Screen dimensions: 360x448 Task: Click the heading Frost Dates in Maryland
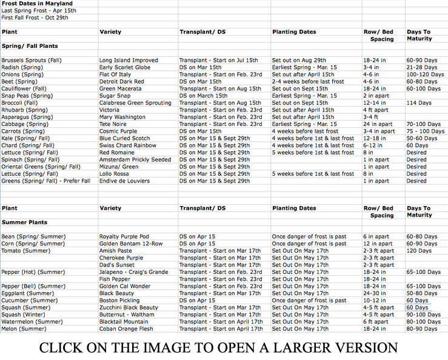point(37,4)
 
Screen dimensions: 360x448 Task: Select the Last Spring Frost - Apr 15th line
point(39,11)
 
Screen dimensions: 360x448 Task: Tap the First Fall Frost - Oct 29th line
point(35,18)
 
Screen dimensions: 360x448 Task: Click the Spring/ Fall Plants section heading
point(30,45)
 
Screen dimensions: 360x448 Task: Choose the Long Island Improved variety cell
point(129,61)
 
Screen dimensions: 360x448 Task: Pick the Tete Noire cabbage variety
point(113,124)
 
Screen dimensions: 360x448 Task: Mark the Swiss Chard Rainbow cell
point(128,145)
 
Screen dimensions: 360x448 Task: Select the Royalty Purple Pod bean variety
point(124,236)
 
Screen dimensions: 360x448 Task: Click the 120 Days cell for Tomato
point(420,251)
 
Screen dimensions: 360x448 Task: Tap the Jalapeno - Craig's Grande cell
point(133,272)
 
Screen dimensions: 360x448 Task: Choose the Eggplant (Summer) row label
point(28,293)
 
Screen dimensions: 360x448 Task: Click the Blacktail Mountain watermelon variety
point(124,322)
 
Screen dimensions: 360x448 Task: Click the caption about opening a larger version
point(218,348)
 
